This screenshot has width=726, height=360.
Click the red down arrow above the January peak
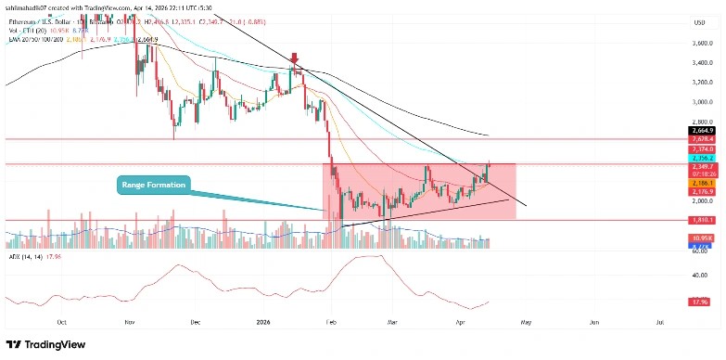point(296,58)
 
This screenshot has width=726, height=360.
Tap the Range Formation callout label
point(153,186)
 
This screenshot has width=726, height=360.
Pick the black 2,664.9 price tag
point(701,131)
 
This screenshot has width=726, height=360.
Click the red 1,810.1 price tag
point(701,221)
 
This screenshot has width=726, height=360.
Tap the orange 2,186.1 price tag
point(701,184)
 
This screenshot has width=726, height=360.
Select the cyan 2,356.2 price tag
point(701,158)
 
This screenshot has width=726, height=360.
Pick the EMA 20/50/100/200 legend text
point(37,40)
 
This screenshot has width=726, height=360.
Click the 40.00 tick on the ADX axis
point(701,275)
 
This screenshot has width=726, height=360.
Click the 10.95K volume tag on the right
point(701,238)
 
